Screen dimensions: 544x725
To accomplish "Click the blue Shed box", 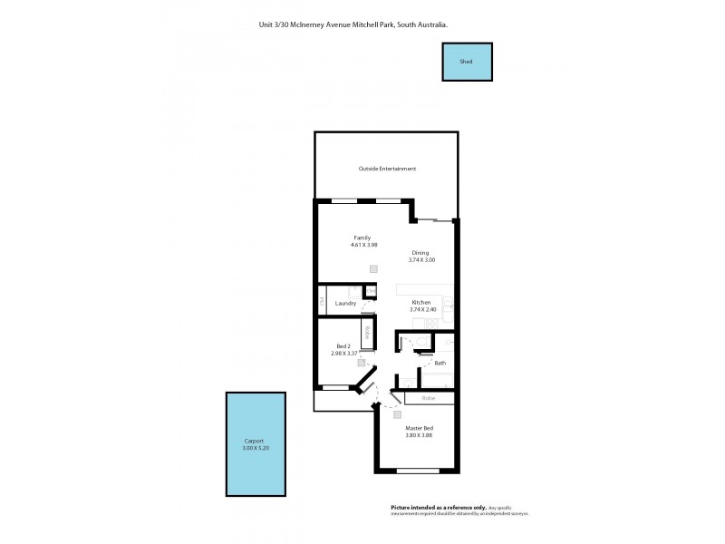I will [467, 62].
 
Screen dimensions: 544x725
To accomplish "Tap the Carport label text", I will [241, 441].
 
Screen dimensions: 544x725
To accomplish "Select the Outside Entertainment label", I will [387, 169].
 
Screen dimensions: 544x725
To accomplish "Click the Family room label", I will [362, 238].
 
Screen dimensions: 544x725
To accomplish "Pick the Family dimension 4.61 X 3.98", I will [363, 245].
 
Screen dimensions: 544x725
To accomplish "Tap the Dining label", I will [420, 253].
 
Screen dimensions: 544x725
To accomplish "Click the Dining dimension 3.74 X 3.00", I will [422, 260].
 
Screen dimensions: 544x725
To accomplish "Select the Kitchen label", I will [421, 302].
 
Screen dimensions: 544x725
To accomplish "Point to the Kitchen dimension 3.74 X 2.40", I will [423, 309].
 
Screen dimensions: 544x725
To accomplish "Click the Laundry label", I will [345, 303].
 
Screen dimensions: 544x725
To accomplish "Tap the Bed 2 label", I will [343, 346].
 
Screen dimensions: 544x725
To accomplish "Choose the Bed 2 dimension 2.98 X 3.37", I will [345, 354].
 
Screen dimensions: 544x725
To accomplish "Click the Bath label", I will [440, 363].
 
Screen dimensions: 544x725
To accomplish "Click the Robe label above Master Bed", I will [429, 397].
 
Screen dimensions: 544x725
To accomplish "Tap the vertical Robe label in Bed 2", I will [367, 332].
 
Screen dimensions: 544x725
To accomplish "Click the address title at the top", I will [353, 25].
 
